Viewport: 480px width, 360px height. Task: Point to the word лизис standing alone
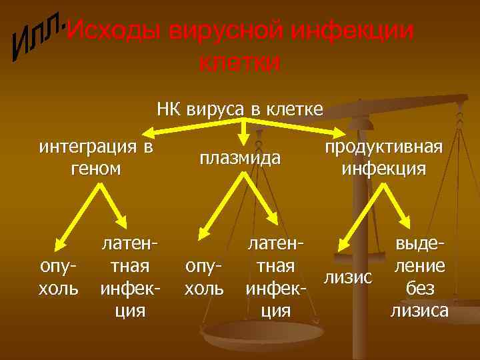(x=347, y=276)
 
